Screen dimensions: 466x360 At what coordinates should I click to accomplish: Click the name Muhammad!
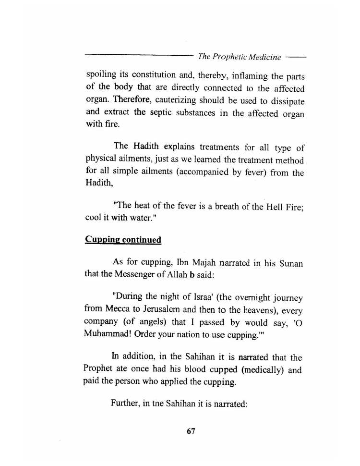coord(106,337)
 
